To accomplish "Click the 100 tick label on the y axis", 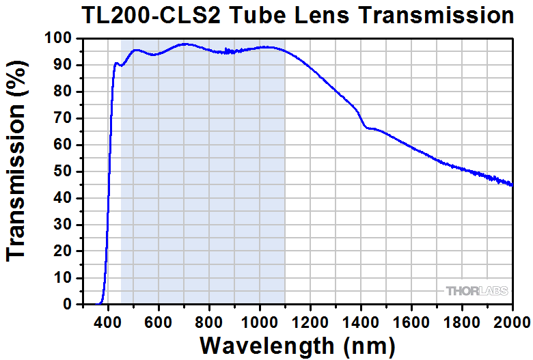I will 58,39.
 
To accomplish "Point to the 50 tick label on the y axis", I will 62,171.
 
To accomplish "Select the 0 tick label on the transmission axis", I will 67,305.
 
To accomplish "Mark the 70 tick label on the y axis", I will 62,118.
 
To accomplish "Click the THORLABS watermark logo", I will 477,291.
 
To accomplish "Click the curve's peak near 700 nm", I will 184,44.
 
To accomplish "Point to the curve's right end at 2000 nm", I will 512,184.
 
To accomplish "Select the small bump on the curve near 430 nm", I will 116,64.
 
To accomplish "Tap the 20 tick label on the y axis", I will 62,251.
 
